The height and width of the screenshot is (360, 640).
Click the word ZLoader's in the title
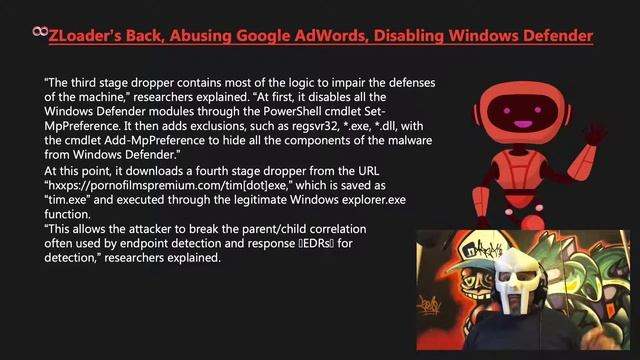point(84,36)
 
